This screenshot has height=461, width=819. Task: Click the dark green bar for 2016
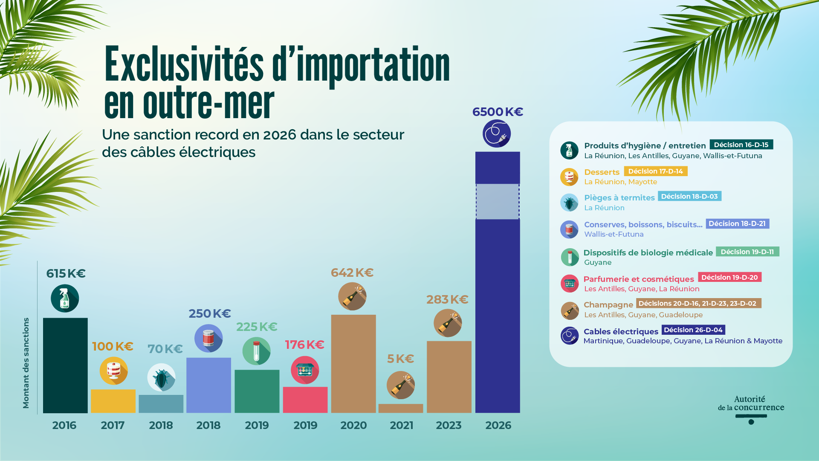point(65,365)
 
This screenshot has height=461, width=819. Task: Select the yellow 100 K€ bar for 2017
point(113,401)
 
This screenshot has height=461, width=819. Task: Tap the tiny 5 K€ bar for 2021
point(401,408)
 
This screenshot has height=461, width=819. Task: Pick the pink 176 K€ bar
point(305,400)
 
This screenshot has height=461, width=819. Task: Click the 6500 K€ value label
point(498,112)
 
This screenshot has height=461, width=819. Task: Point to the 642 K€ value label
point(352,273)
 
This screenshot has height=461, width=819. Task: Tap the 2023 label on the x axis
point(449,425)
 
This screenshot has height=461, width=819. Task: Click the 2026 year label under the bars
point(498,425)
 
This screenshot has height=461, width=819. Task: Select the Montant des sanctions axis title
point(26,363)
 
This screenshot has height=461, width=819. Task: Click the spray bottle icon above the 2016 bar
point(65,298)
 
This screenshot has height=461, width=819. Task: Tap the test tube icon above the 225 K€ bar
point(256,351)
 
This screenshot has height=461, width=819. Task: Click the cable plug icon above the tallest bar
point(497,133)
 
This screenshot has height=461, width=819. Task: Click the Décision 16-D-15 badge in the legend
point(741,145)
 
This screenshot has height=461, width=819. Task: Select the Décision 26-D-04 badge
point(693,330)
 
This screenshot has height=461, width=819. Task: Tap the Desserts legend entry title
point(602,172)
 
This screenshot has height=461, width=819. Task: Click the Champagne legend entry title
point(608,304)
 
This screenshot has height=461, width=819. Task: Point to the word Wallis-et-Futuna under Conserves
point(614,234)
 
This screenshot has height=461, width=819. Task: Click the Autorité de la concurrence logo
point(751,409)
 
